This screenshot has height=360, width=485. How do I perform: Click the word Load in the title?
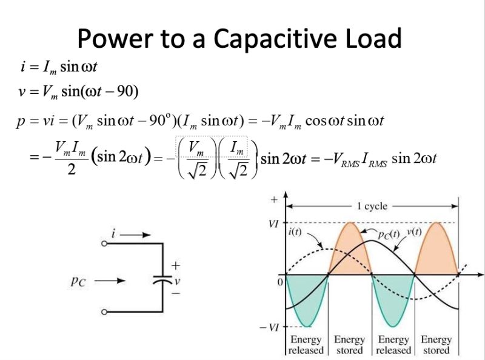[371, 39]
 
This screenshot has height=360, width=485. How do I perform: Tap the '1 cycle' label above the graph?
[372, 207]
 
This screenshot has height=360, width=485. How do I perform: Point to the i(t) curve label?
[295, 232]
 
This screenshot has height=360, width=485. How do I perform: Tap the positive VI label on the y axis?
[273, 224]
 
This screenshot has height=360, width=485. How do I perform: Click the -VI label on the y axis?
[271, 327]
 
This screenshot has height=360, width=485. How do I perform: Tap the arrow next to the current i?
[134, 233]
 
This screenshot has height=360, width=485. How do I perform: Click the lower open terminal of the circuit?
[104, 312]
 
